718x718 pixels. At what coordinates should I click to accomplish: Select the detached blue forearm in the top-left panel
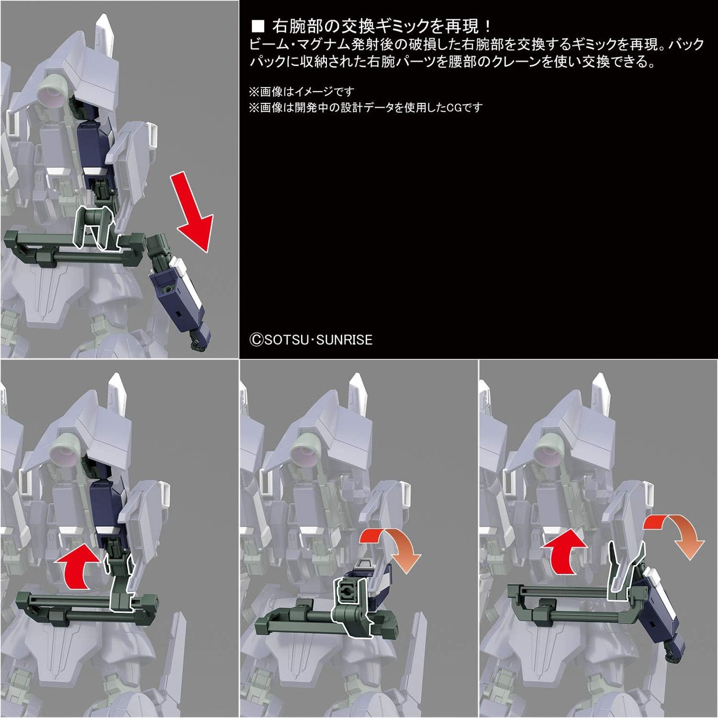pos(184,293)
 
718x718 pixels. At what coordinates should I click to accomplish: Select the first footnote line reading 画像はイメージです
pos(301,92)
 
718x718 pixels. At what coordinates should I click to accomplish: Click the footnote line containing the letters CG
pos(365,107)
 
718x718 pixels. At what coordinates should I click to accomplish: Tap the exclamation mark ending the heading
pos(487,26)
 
